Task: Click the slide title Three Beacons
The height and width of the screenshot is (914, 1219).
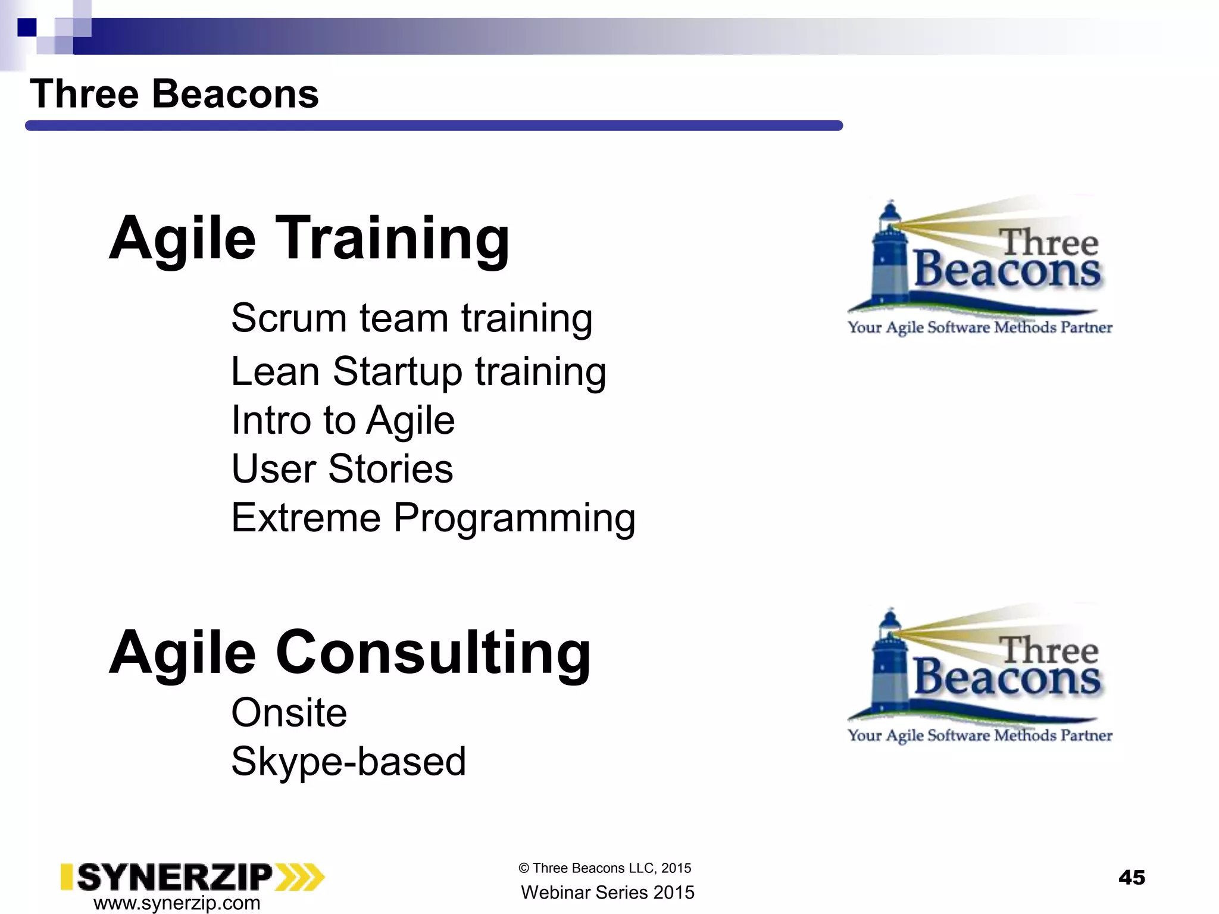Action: point(174,94)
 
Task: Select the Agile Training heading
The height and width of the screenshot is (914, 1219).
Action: point(309,238)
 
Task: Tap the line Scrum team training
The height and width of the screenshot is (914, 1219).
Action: point(411,318)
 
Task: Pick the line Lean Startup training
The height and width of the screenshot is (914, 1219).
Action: point(418,371)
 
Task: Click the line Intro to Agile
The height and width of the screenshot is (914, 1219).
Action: point(343,420)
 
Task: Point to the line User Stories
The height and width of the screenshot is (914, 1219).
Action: point(342,469)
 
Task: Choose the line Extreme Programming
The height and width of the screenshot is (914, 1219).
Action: point(433,518)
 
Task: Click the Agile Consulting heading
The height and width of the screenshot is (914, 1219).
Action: point(349,652)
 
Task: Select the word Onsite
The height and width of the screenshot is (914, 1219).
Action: point(289,712)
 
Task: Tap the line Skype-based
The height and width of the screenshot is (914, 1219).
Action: point(348,761)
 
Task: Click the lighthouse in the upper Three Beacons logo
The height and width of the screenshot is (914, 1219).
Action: point(889,256)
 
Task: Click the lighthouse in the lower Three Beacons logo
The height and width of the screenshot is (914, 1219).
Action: point(889,663)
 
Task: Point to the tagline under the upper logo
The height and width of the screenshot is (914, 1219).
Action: point(980,327)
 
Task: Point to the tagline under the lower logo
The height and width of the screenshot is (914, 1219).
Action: point(980,735)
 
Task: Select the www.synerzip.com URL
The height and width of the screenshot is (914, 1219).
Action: point(177,903)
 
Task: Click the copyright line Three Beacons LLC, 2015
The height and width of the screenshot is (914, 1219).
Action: point(605,868)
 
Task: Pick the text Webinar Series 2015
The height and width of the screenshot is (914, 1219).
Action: point(607,893)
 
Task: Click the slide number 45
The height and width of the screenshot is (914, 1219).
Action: point(1132,878)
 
